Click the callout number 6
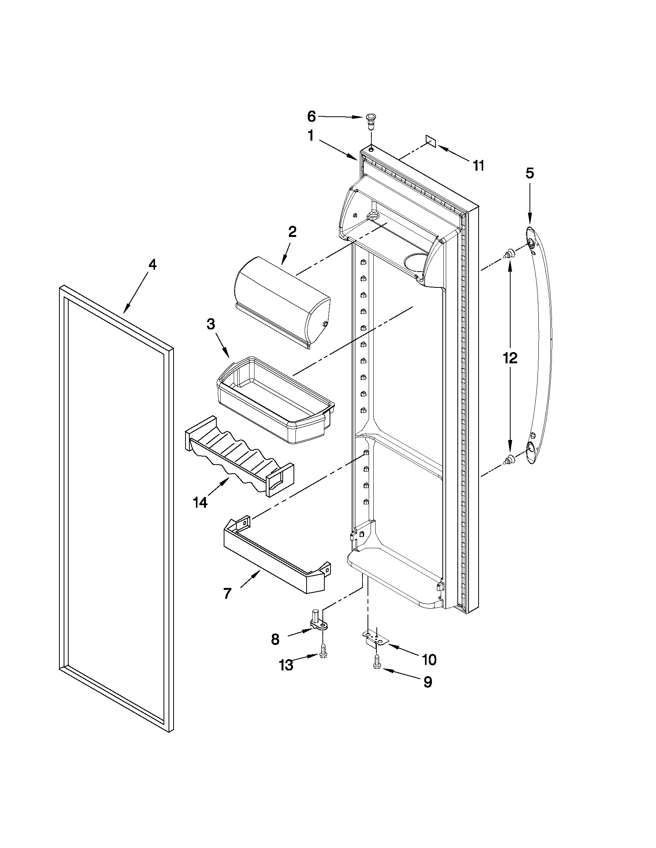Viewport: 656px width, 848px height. [x=312, y=116]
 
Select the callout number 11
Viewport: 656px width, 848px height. [x=478, y=166]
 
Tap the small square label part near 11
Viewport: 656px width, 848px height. [x=431, y=141]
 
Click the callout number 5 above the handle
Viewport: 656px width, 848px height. [x=530, y=173]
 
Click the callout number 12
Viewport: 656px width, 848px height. [x=510, y=358]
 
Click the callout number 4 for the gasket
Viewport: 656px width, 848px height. [x=152, y=265]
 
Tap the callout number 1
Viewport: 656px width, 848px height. [x=310, y=136]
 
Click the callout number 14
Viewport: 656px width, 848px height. [x=200, y=502]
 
